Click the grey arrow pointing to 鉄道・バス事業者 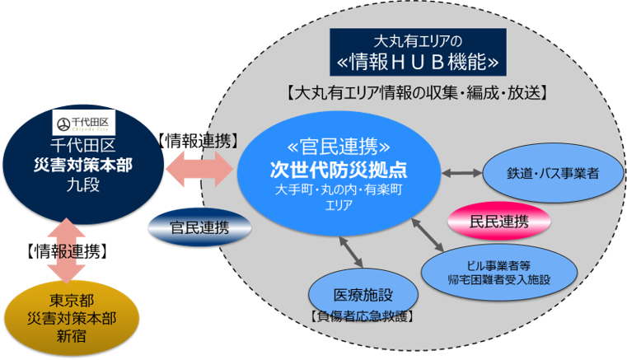461,174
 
